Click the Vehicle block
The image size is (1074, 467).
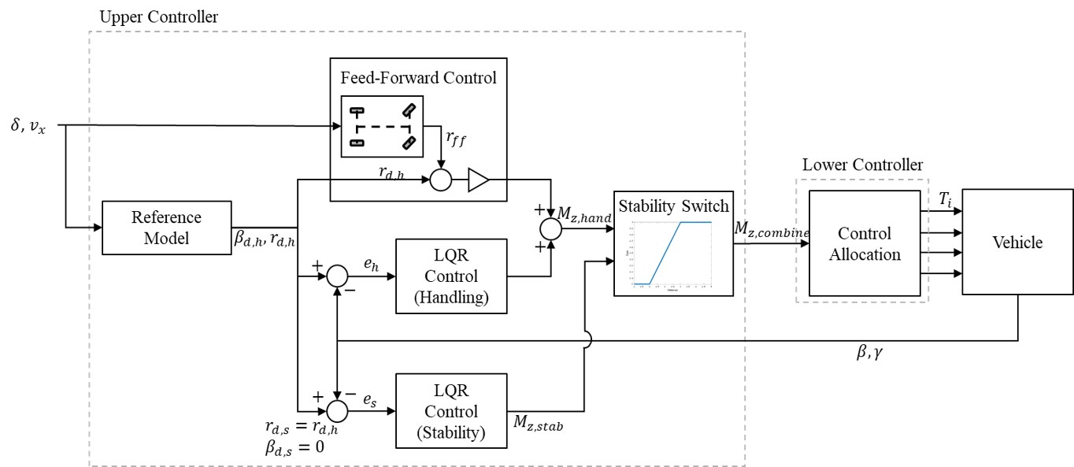coord(1017,243)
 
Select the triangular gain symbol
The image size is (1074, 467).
coord(478,181)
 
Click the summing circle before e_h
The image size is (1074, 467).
coord(337,276)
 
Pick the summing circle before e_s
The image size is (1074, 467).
coord(337,410)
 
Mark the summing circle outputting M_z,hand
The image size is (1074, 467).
coord(550,229)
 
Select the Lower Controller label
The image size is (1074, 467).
coord(862,165)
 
